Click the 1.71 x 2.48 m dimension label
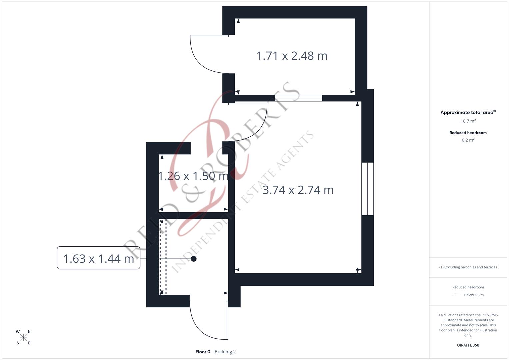click(292, 56)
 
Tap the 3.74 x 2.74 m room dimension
click(298, 190)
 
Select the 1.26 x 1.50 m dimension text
click(193, 176)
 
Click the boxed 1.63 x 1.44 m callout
click(98, 258)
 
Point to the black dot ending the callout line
click(194, 259)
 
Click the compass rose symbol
click(23, 337)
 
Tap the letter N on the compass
click(29, 332)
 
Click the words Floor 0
click(203, 352)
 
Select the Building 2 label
click(225, 352)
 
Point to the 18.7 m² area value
click(468, 121)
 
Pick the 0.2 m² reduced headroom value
click(468, 140)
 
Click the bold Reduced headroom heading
click(468, 133)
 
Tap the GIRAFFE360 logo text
click(468, 345)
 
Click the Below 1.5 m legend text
click(474, 295)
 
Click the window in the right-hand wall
click(367, 189)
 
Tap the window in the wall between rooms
click(298, 98)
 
